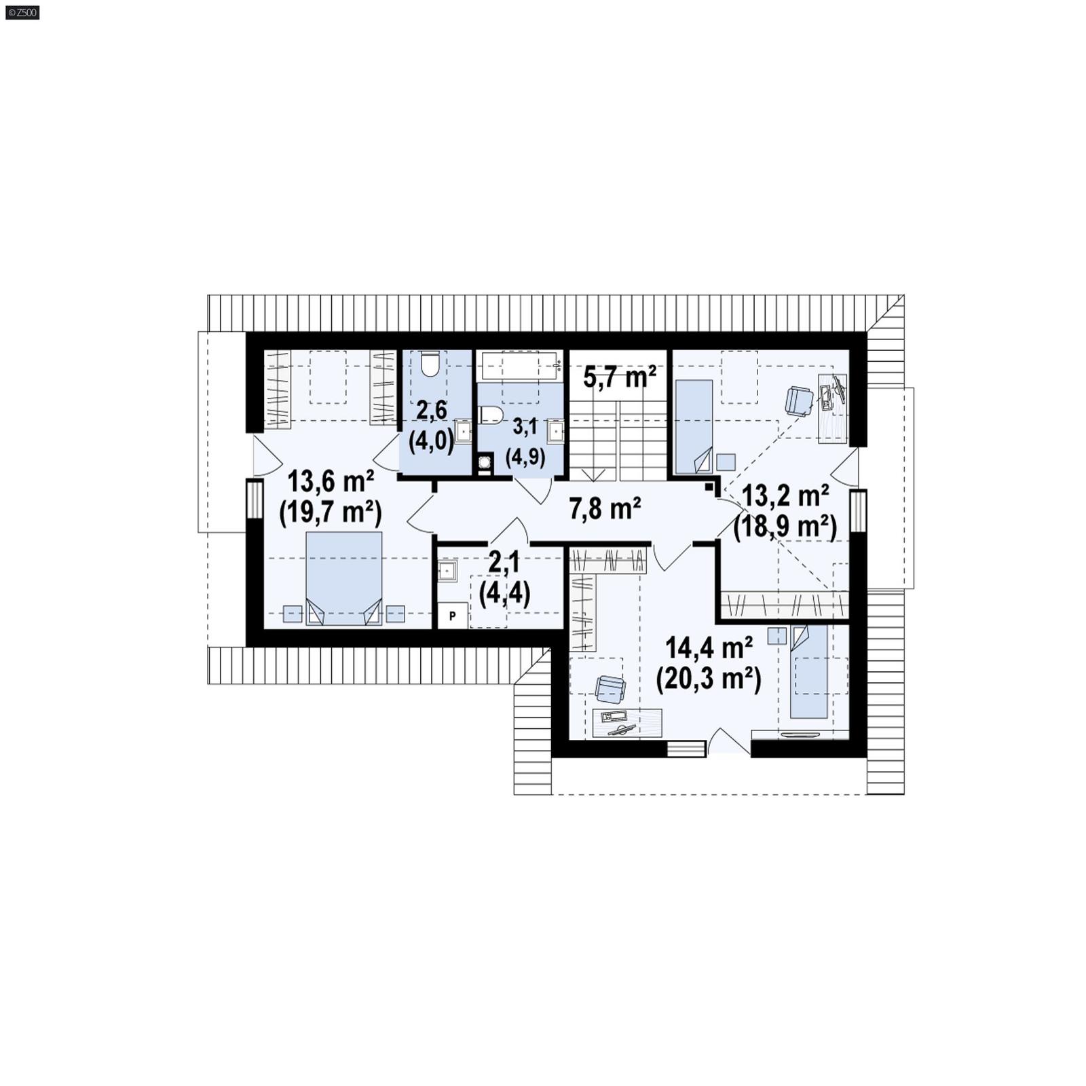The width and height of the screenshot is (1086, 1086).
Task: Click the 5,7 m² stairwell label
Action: pos(619,377)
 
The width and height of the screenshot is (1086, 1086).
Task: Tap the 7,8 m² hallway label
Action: pos(605,508)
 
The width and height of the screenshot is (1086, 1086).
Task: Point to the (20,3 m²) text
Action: pos(708,678)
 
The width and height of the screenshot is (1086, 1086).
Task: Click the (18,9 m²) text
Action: pos(785,525)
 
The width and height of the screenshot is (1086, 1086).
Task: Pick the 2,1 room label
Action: pos(504,563)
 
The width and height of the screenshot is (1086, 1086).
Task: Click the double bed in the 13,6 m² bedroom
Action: pos(344,578)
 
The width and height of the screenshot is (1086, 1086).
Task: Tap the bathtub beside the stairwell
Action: pos(519,366)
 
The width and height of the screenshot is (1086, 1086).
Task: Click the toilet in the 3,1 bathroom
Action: pos(491,415)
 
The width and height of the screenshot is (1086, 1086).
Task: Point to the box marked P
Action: pos(453,616)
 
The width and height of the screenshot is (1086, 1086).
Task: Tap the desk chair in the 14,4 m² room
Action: pos(610,689)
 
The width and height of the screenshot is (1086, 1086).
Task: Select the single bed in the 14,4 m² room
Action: pos(809,671)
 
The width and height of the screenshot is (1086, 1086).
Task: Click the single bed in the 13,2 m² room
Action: pos(693,426)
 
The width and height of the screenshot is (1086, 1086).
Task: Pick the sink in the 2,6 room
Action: pos(463,431)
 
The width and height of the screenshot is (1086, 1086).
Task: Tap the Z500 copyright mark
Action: pos(22,12)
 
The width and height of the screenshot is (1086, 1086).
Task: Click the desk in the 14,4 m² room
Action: pos(626,723)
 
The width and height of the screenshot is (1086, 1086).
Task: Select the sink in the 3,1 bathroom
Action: pos(556,432)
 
